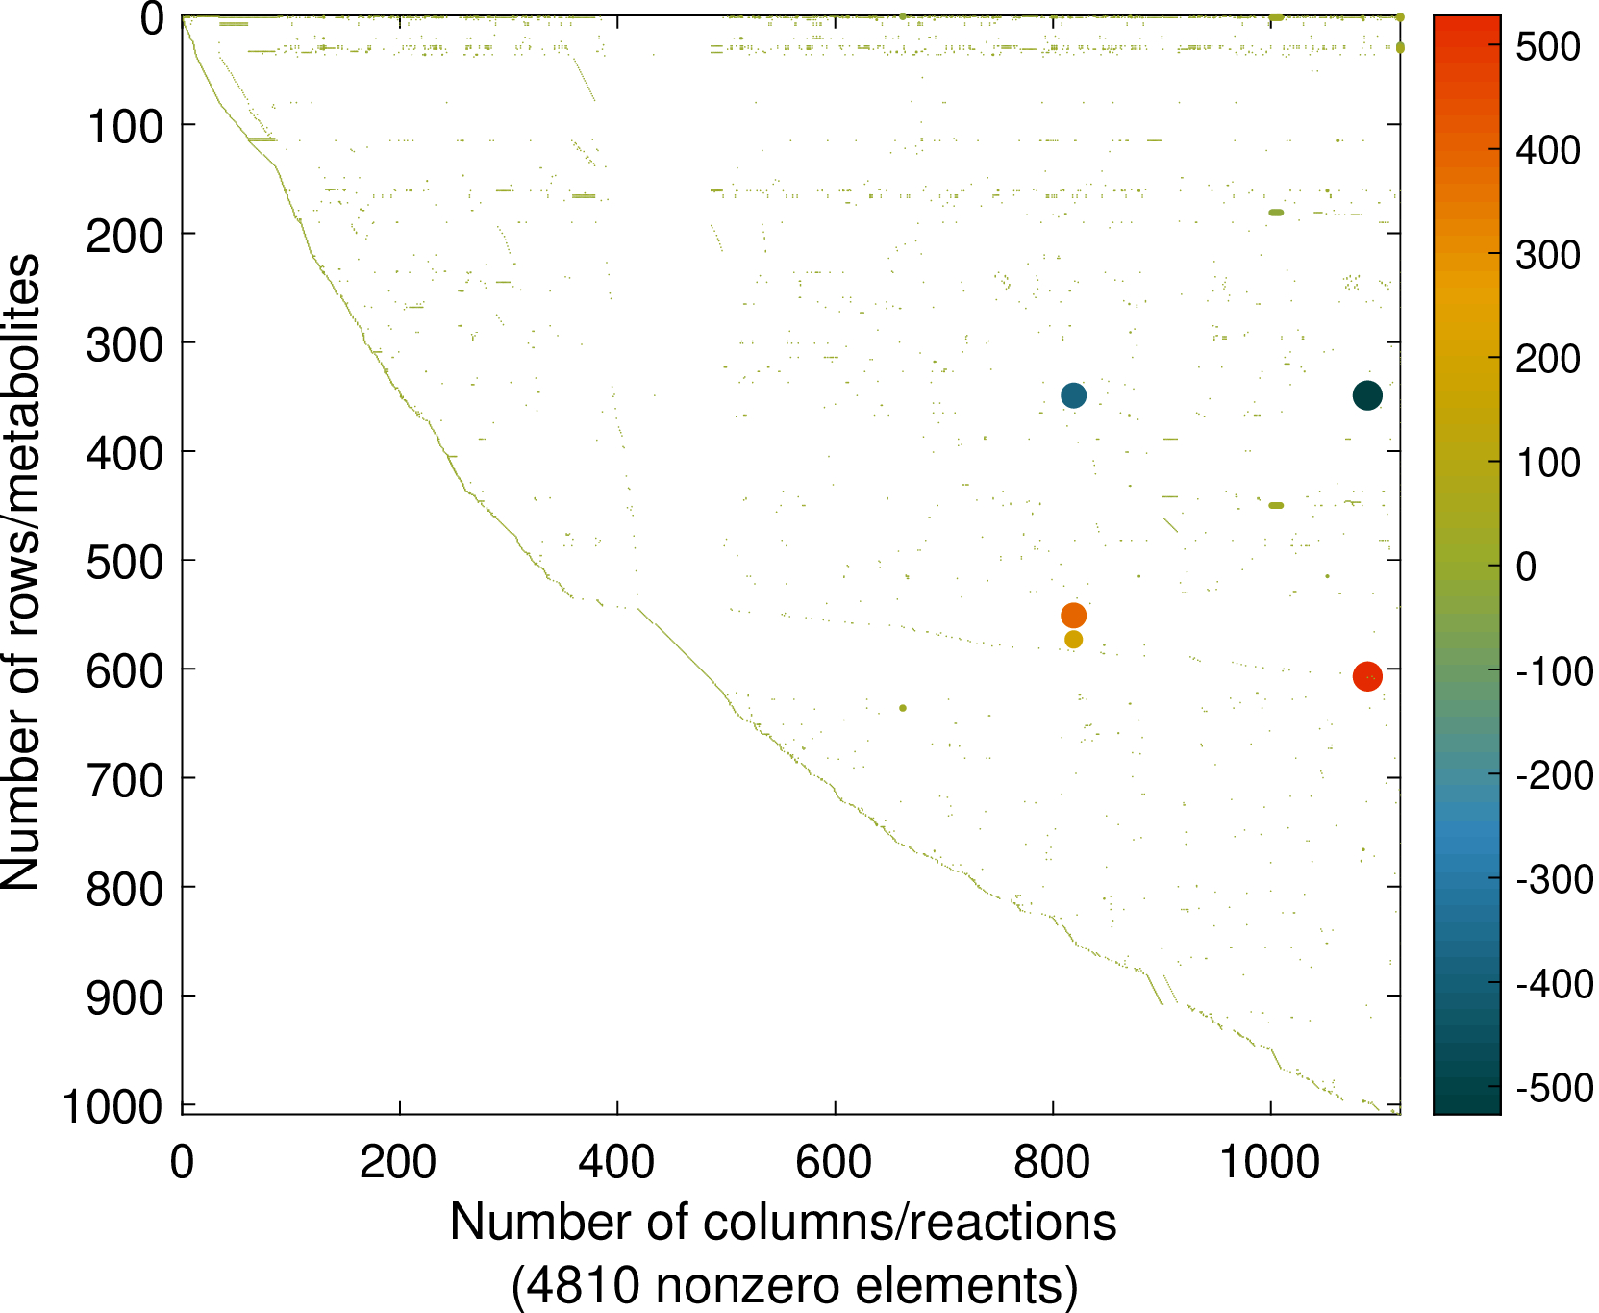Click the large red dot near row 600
tap(1366, 677)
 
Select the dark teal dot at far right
tap(1367, 395)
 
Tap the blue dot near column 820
tap(1073, 395)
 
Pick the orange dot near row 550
tap(1073, 616)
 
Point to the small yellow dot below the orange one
tap(1073, 640)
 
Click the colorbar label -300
tap(1554, 879)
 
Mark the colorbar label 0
tap(1527, 567)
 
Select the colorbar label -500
tap(1554, 1089)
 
